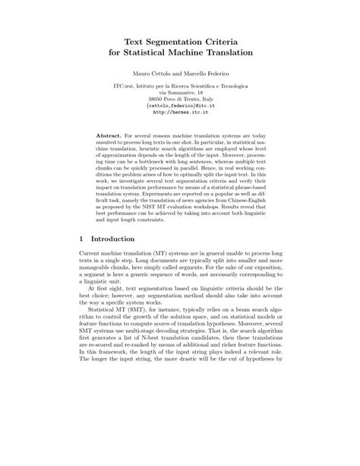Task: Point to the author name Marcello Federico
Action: click(207, 77)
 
